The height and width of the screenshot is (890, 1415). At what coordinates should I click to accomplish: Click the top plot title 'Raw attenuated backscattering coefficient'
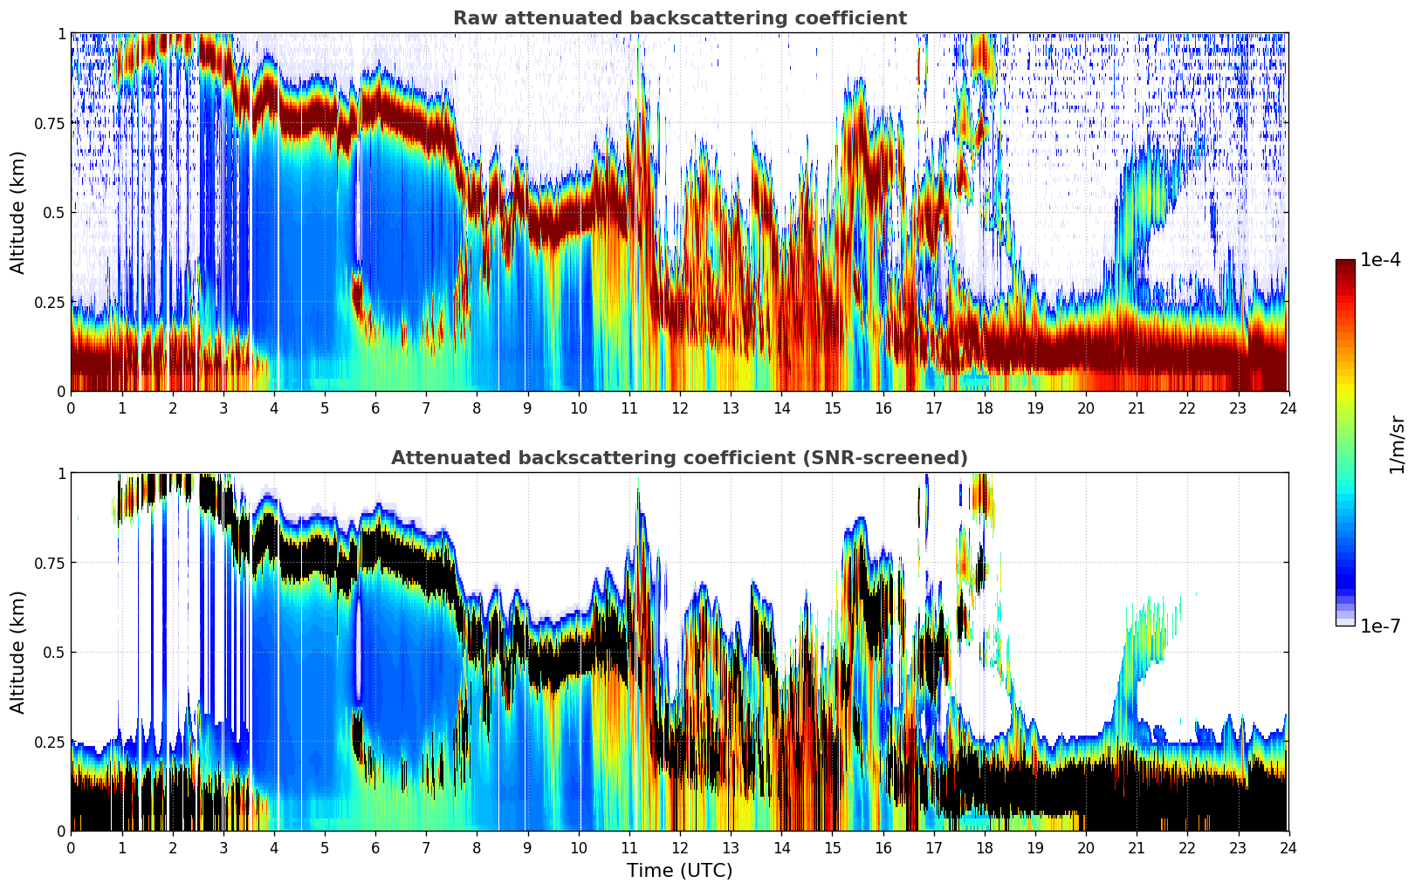pyautogui.click(x=679, y=18)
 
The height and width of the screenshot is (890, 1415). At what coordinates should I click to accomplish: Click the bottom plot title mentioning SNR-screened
pyautogui.click(x=679, y=458)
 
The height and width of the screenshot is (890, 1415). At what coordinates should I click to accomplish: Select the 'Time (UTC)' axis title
pyautogui.click(x=679, y=871)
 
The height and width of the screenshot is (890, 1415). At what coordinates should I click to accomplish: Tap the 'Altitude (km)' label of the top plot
pyautogui.click(x=18, y=212)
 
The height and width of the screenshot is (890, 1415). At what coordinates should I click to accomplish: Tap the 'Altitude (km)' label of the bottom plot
pyautogui.click(x=18, y=652)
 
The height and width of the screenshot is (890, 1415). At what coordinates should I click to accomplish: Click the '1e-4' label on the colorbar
pyautogui.click(x=1380, y=261)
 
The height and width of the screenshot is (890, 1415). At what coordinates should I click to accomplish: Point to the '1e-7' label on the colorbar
pyautogui.click(x=1380, y=626)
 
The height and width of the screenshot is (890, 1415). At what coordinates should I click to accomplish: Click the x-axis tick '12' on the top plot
pyautogui.click(x=680, y=407)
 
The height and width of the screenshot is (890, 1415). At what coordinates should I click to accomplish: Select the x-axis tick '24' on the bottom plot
pyautogui.click(x=1288, y=847)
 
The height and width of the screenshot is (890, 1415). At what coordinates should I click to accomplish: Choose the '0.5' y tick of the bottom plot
pyautogui.click(x=55, y=653)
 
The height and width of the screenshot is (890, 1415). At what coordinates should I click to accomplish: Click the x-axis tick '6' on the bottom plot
pyautogui.click(x=375, y=847)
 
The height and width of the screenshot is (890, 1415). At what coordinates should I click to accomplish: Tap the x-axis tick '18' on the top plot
pyautogui.click(x=984, y=407)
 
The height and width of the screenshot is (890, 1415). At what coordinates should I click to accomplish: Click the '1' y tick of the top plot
pyautogui.click(x=61, y=33)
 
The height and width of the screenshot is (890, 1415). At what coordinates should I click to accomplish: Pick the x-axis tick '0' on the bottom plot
pyautogui.click(x=72, y=847)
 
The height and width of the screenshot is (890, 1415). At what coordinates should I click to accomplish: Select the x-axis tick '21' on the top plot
pyautogui.click(x=1137, y=407)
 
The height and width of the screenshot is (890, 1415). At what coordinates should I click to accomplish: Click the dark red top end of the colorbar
pyautogui.click(x=1345, y=264)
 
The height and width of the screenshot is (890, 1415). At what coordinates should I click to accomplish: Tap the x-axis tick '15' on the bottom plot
pyautogui.click(x=832, y=847)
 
